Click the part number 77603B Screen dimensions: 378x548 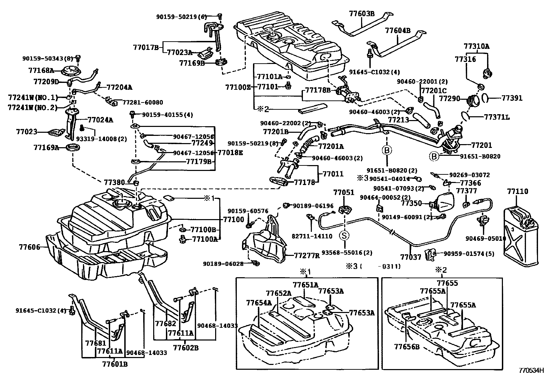point(361,14)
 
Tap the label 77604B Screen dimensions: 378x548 point(398,30)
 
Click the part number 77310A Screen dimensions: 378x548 point(476,46)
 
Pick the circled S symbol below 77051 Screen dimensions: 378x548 point(344,236)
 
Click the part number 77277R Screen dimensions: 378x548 point(307,255)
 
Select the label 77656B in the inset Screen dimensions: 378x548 point(407,347)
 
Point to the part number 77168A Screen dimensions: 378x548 point(41,71)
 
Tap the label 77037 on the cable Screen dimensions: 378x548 point(411,257)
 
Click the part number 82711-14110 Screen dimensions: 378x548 point(312,236)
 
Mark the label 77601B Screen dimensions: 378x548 point(115,364)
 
